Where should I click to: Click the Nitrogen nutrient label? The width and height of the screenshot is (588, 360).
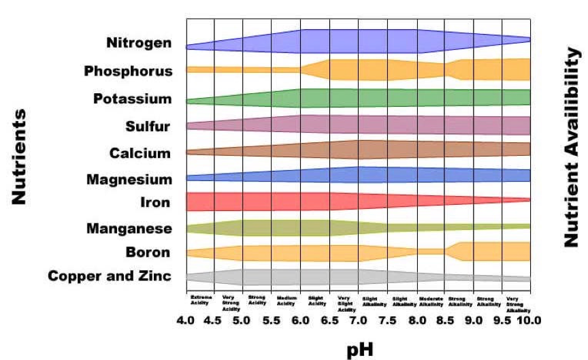pyautogui.click(x=138, y=43)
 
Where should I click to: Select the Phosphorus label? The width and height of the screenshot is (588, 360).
pyautogui.click(x=129, y=71)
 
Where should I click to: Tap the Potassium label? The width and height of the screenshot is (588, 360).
pyautogui.click(x=132, y=99)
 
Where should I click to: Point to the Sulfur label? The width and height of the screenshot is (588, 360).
pyautogui.click(x=148, y=126)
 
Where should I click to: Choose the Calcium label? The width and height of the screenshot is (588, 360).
pyautogui.click(x=140, y=153)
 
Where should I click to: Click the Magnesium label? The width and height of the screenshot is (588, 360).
pyautogui.click(x=129, y=180)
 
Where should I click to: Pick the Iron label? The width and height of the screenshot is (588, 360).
pyautogui.click(x=157, y=202)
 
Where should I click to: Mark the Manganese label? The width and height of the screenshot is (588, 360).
pyautogui.click(x=129, y=229)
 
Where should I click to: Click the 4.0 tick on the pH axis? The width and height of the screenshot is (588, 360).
pyautogui.click(x=186, y=319)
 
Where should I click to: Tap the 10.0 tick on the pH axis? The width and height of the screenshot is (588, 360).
pyautogui.click(x=528, y=319)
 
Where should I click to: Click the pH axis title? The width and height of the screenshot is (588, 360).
pyautogui.click(x=359, y=347)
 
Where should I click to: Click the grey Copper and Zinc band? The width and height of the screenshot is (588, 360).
pyautogui.click(x=299, y=277)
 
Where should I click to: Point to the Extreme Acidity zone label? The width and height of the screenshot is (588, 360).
pyautogui.click(x=201, y=300)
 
